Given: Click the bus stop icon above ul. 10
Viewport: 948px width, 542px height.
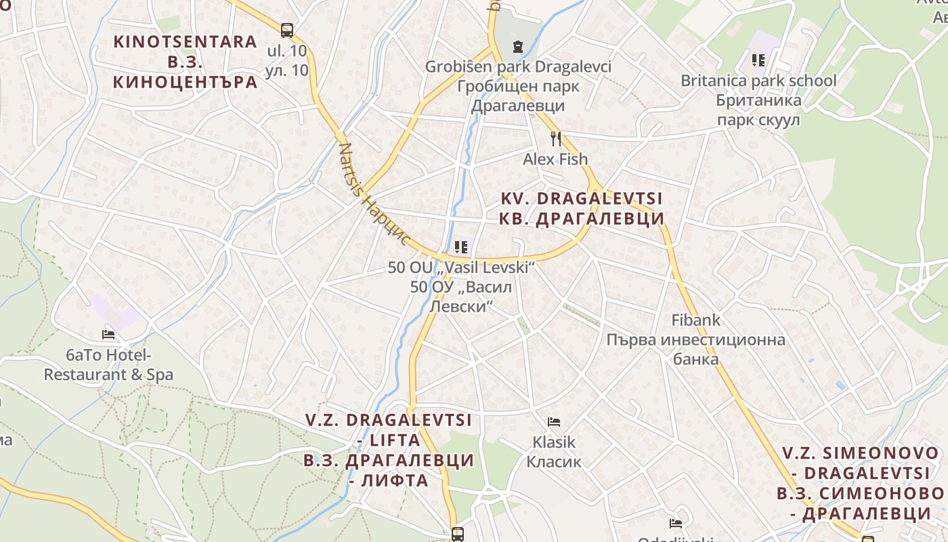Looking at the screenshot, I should pyautogui.click(x=287, y=30).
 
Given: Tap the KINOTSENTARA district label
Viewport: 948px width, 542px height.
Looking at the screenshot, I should pyautogui.click(x=185, y=42).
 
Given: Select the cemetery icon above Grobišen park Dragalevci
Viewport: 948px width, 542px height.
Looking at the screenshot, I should pyautogui.click(x=518, y=47).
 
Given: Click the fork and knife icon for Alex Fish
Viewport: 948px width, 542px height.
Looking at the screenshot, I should pyautogui.click(x=556, y=139).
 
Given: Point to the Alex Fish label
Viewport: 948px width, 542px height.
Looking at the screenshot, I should pyautogui.click(x=555, y=159).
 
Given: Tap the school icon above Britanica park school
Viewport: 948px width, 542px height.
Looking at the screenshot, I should pyautogui.click(x=758, y=60).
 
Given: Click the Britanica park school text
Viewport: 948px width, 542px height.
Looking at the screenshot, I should pyautogui.click(x=758, y=81).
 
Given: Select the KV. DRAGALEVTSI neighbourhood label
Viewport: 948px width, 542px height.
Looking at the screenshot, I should pyautogui.click(x=582, y=199).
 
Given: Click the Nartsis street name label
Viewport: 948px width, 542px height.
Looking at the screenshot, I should pyautogui.click(x=374, y=194).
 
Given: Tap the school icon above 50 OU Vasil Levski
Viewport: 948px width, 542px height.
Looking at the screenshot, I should pyautogui.click(x=461, y=247).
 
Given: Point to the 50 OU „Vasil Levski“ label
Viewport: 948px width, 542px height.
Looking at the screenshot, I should pyautogui.click(x=461, y=268).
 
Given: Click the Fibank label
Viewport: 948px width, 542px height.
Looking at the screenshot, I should pyautogui.click(x=695, y=320).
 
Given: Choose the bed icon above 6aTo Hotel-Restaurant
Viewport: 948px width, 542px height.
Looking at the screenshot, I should pyautogui.click(x=108, y=335).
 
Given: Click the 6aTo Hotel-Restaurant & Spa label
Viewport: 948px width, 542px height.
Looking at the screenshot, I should pyautogui.click(x=108, y=364).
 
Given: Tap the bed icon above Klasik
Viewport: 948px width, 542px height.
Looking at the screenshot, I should pyautogui.click(x=554, y=422).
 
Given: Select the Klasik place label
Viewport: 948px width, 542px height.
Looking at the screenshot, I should pyautogui.click(x=554, y=442).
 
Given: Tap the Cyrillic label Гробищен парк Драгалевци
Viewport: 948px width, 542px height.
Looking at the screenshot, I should pyautogui.click(x=518, y=96).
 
